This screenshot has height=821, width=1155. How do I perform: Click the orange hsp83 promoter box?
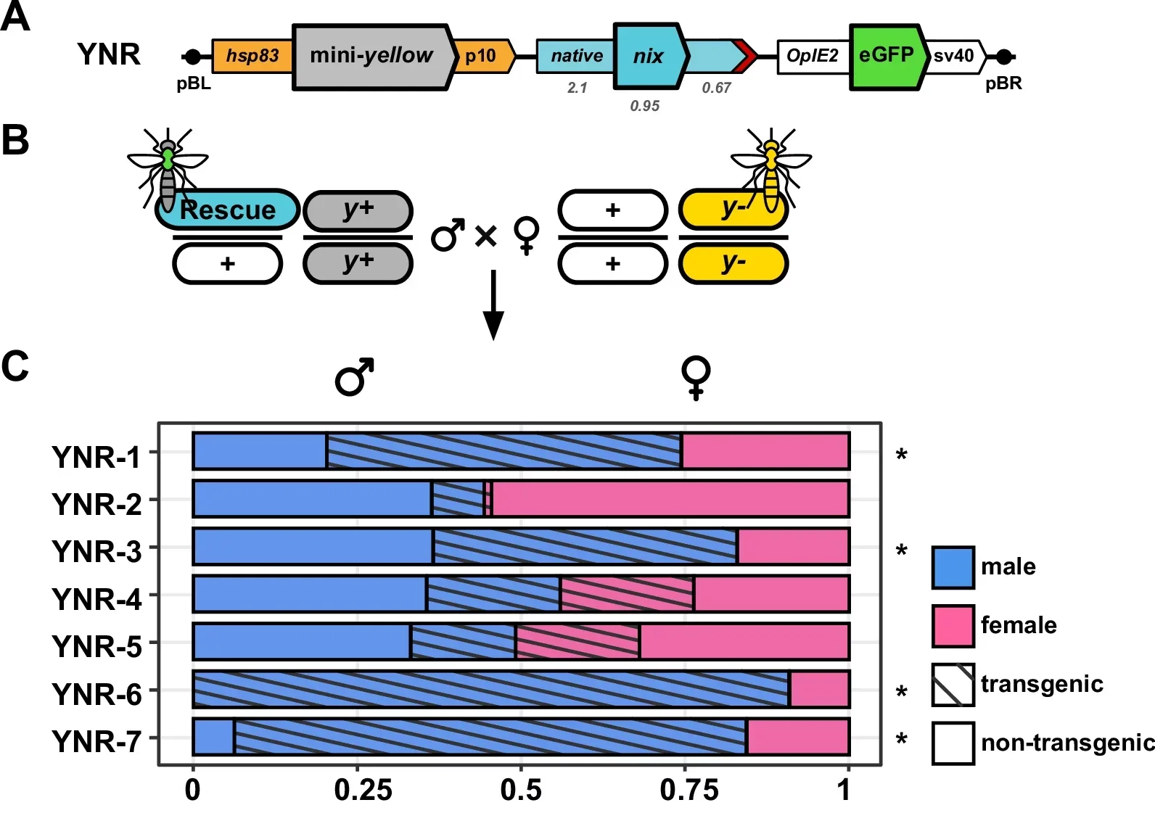click(252, 56)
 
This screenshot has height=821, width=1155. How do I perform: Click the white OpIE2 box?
click(813, 57)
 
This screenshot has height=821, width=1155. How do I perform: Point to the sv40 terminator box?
click(954, 57)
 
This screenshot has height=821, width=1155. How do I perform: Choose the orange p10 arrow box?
click(482, 57)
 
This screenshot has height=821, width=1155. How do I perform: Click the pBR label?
click(1003, 83)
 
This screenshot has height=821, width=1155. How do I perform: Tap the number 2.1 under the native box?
click(577, 88)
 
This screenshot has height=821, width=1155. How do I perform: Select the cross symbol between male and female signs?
click(485, 236)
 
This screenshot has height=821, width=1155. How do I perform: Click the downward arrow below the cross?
click(493, 305)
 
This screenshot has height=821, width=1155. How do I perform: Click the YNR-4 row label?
click(96, 599)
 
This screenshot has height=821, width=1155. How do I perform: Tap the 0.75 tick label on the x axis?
click(689, 790)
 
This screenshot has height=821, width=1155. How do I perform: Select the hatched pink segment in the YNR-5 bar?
click(577, 641)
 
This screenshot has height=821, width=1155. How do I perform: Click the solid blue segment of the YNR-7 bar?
click(214, 737)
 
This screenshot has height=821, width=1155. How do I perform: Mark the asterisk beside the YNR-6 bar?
click(901, 693)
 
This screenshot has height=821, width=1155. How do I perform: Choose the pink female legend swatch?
click(953, 626)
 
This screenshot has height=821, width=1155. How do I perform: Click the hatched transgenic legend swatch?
click(953, 685)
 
